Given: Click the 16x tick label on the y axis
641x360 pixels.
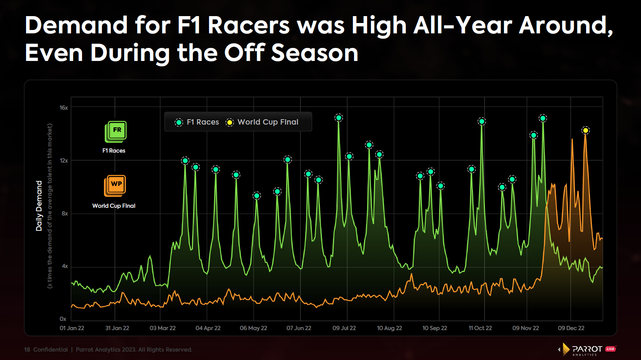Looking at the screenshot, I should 64,108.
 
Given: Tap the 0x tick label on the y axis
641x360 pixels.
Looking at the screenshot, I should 63,319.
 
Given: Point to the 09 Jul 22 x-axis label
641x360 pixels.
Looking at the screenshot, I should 344,328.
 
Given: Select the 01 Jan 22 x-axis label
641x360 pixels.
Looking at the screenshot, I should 72,328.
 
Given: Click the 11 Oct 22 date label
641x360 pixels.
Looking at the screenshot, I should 480,328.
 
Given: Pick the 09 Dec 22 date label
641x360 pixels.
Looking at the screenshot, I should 571,328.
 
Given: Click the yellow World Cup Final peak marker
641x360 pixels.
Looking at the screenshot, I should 585,131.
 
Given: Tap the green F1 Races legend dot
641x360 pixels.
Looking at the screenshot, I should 179,122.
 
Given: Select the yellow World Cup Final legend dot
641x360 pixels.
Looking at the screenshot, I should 229,122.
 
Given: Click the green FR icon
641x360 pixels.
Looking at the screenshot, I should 116,131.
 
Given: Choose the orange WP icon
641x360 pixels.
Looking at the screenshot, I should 115,185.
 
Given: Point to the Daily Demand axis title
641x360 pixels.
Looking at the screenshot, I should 39,206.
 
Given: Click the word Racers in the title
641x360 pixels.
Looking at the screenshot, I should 249,25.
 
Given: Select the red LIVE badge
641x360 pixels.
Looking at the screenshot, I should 610,349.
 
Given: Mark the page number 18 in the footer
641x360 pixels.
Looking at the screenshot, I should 27,350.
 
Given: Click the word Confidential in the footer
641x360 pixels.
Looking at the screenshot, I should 50,350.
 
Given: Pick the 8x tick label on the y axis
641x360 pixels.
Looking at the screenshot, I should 64,214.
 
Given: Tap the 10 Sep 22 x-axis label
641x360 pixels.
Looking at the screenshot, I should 435,328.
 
